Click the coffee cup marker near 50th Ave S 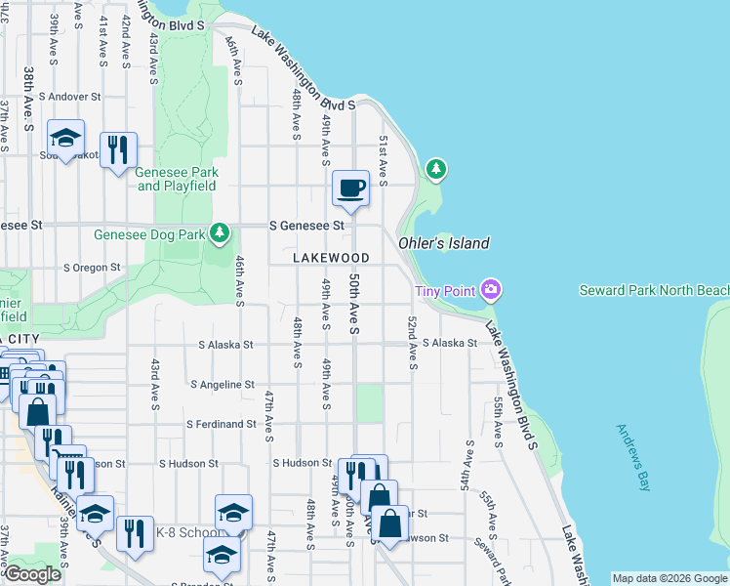point(350,188)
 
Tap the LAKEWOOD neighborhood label point(332,258)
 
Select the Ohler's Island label point(444,243)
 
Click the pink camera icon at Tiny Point point(491,289)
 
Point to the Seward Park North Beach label point(653,290)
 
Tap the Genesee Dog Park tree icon point(222,232)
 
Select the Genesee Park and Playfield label point(177,179)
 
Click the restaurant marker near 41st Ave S point(118,150)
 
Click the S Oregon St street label point(92,267)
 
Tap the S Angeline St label point(223,385)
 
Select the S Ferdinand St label point(222,424)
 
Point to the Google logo point(32,575)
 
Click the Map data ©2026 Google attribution point(669,578)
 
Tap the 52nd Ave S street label point(414,343)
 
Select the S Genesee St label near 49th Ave point(307,225)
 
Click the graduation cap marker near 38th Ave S point(65,138)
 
